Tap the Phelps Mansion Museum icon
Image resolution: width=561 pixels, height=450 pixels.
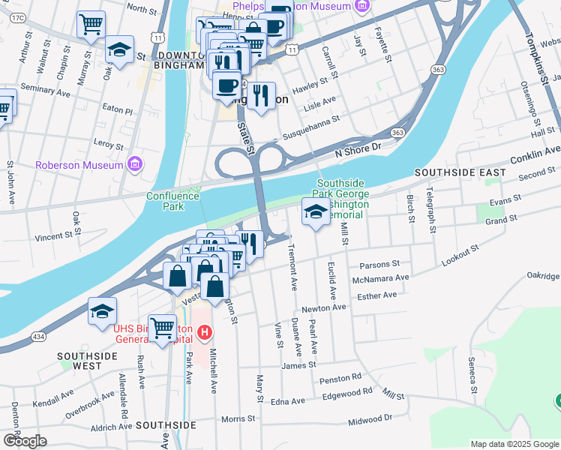362,6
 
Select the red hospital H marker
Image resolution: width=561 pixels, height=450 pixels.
204,331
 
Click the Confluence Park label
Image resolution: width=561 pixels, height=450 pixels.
173,201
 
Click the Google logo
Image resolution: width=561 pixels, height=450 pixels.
24,441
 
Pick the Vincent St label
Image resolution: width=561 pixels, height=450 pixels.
58,235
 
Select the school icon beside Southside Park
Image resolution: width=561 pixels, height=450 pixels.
316,212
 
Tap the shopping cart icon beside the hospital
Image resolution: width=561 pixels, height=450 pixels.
162,328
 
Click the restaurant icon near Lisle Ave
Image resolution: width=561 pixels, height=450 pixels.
260,94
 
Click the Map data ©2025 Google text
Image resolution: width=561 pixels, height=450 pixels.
514,444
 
